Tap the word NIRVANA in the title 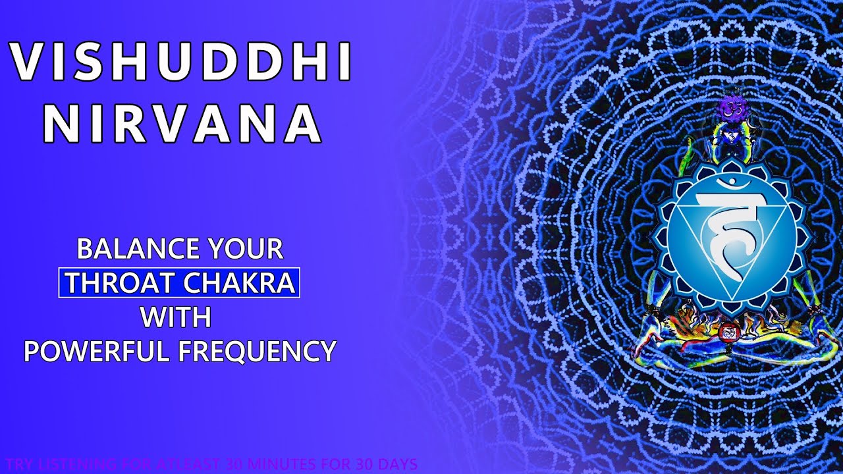pos(186,122)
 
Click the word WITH pos(175,317)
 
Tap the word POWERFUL pos(97,351)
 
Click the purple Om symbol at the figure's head pos(730,108)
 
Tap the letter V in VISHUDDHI pos(26,63)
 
